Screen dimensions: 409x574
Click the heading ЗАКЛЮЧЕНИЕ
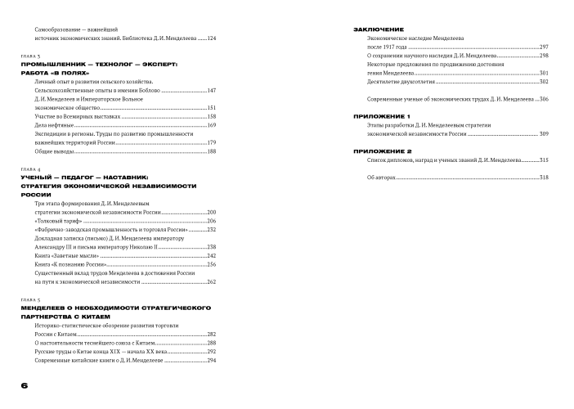tap(377, 29)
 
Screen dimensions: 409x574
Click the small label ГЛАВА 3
tap(29, 55)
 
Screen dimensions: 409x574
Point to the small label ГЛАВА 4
tap(29, 168)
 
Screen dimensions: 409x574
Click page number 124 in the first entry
tap(210, 38)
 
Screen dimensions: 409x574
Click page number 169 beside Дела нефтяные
tap(210, 125)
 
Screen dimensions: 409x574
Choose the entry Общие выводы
tap(53, 151)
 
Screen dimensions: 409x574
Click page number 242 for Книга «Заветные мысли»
tap(210, 255)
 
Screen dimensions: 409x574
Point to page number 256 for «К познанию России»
tap(210, 264)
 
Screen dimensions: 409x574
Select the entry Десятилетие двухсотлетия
tap(397, 82)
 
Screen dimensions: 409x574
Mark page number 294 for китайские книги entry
tap(210, 361)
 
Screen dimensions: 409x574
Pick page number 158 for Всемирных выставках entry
tap(210, 116)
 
